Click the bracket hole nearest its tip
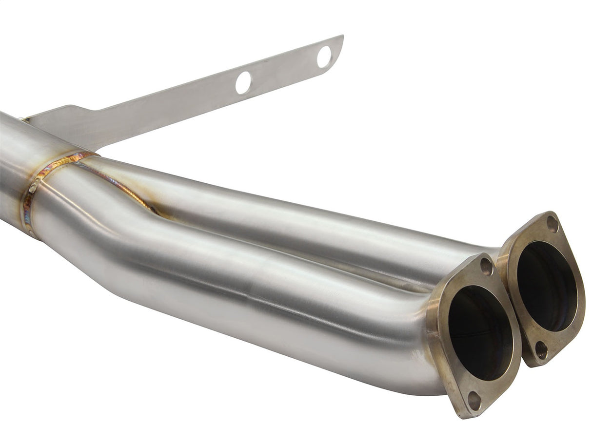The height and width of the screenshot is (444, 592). (x=324, y=57)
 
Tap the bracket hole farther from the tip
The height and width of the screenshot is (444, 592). (x=243, y=82)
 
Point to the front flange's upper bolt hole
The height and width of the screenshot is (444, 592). (x=486, y=266)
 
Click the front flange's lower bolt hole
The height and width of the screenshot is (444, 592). (x=474, y=401)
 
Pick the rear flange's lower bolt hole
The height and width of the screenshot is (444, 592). (x=541, y=350)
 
